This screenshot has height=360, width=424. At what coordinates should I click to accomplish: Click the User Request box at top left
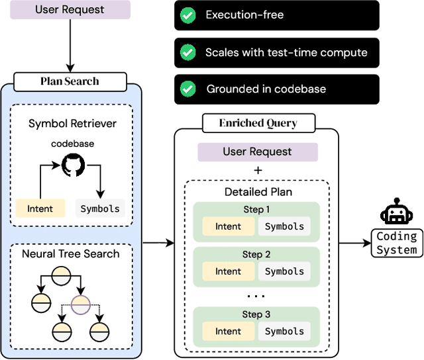70,10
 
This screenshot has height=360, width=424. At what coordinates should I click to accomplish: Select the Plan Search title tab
70,81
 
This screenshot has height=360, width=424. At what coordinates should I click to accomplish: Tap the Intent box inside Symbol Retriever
40,209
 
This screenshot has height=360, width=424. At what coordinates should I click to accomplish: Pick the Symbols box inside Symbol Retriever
100,209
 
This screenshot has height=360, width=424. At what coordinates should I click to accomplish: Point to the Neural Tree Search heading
71,253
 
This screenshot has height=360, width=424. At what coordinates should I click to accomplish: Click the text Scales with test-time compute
286,52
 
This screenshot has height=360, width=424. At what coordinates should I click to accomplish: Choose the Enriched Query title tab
258,123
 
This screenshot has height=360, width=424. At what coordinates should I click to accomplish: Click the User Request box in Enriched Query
258,152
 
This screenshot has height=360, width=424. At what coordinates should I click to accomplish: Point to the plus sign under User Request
258,171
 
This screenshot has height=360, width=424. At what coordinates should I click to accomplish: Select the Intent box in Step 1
229,226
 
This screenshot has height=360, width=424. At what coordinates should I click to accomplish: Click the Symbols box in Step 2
285,271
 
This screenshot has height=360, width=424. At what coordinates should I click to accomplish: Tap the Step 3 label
256,315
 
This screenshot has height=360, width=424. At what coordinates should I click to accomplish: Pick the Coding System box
396,243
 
